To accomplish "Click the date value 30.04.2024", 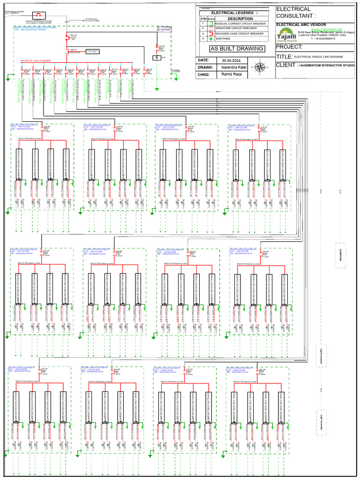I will pos(230,60).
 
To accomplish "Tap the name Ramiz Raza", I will pos(232,75).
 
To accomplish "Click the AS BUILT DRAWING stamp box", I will pos(237,49).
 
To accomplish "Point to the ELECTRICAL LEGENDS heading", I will pos(234,13).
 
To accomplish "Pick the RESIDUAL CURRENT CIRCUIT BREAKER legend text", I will pos(239,23).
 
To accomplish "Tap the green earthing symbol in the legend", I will pos(210,39).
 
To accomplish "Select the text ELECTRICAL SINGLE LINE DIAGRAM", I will pos(318,56).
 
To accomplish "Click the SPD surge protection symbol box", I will pos(157,58).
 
